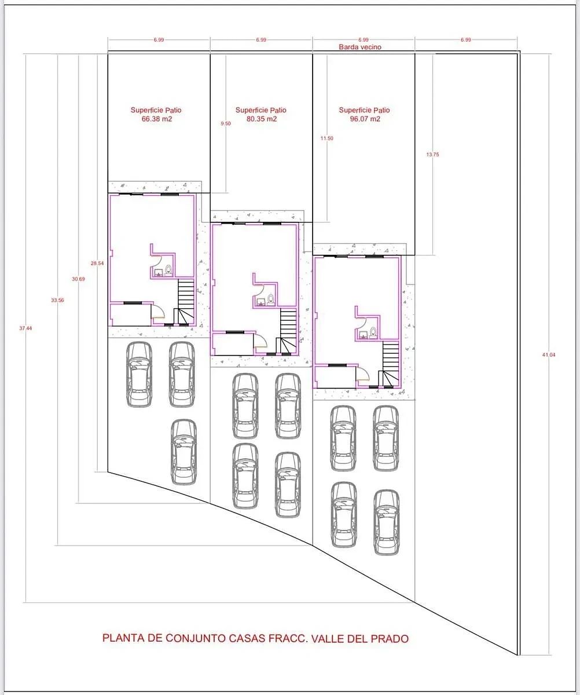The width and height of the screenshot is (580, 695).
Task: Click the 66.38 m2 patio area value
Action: point(157,119)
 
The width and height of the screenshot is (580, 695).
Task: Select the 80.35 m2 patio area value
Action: point(262,119)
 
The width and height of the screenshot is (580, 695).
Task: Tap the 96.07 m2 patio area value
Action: point(365,119)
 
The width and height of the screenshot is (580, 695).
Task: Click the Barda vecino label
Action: point(360,47)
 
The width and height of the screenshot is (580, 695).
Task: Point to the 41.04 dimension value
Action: point(549,355)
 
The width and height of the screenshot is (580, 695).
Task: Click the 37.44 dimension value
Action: point(25,328)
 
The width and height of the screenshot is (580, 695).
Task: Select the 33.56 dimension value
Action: point(57,300)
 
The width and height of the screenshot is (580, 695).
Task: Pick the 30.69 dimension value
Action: point(78,279)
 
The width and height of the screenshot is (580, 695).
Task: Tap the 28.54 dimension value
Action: point(97,264)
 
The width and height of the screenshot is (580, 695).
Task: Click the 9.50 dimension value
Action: point(226,123)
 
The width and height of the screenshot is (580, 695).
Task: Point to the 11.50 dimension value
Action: point(327,138)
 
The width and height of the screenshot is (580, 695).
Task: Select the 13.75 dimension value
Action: point(432,155)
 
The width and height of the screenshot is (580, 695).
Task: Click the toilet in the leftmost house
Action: point(168,270)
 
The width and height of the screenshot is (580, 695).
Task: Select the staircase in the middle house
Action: point(288,331)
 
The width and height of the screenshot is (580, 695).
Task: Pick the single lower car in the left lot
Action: point(183,452)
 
